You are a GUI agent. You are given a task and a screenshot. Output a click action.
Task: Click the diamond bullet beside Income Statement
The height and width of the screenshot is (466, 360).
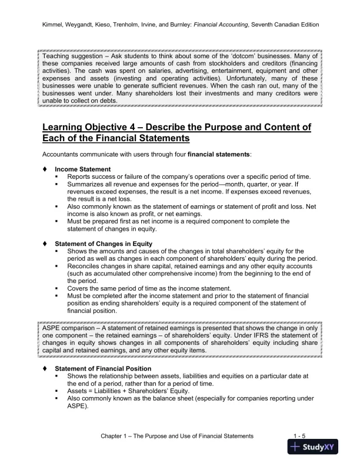[x=45, y=169]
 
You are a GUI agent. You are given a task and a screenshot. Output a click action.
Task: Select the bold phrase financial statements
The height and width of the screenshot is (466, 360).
[x=219, y=154]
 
